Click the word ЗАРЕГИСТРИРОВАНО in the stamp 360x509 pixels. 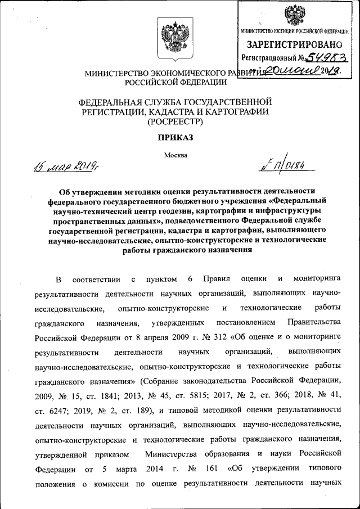click(x=292, y=44)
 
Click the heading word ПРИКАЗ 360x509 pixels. click(x=179, y=138)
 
